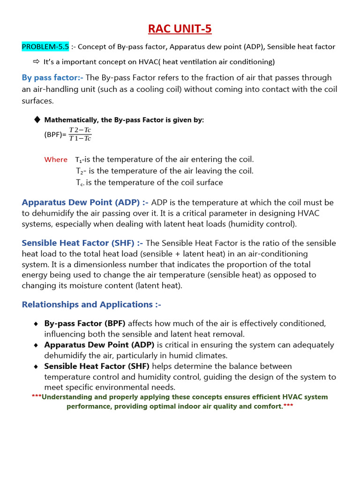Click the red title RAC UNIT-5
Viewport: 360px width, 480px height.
point(180,29)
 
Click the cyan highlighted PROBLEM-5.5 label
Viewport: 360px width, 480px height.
point(45,46)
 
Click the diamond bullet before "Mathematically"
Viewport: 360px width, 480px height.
point(37,120)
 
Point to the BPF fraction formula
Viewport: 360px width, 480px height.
point(80,134)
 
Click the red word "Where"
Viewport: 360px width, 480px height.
point(56,159)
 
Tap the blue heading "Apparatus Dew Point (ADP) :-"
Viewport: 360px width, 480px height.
point(85,202)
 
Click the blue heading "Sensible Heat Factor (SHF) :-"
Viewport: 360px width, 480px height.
point(82,243)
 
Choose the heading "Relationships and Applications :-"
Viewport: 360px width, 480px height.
point(91,304)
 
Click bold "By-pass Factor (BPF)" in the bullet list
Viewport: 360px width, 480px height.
point(85,323)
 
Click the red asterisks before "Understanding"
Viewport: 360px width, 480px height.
point(37,397)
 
